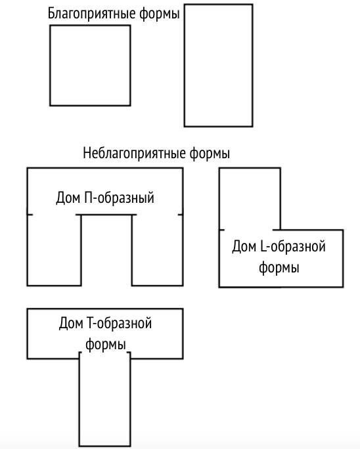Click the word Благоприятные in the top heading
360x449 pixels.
(x=91, y=14)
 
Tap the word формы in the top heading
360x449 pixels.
(x=160, y=14)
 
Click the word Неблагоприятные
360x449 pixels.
(x=134, y=153)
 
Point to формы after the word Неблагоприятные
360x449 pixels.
(x=210, y=154)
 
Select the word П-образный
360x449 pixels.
(x=119, y=198)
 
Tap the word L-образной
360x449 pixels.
(x=293, y=246)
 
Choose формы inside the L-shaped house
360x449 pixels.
(x=279, y=268)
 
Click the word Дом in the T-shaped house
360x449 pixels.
(x=71, y=324)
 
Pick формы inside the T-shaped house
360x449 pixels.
(x=106, y=345)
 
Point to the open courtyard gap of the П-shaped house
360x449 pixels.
(x=106, y=251)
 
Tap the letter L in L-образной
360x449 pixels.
(x=263, y=246)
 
